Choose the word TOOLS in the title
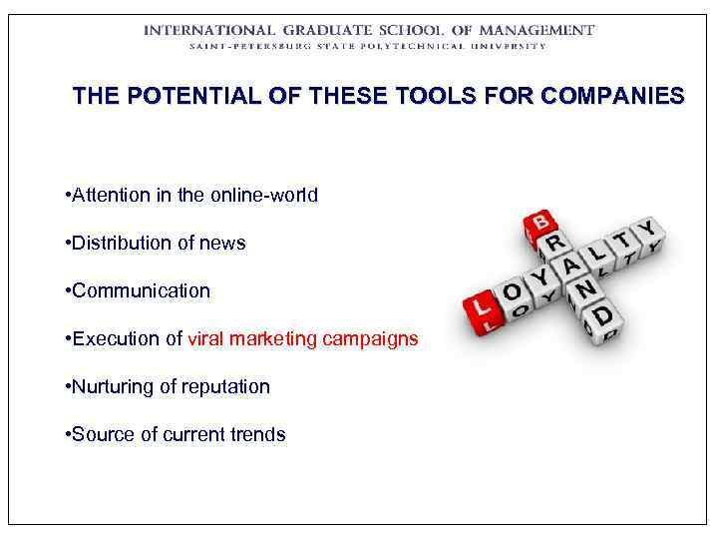coord(440,97)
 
